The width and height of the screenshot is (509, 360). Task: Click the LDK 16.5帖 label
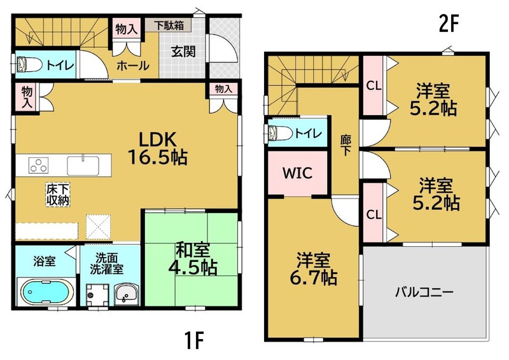(x=158, y=149)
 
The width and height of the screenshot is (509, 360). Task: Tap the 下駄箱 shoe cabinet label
(x=169, y=25)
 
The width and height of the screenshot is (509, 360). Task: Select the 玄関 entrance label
(x=183, y=52)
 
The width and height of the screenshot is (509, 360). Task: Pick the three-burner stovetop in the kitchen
(x=39, y=165)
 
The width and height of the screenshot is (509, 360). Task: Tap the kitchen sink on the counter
(x=83, y=165)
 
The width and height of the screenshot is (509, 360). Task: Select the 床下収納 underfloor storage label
(x=58, y=194)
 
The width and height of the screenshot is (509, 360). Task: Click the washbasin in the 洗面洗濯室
(x=127, y=294)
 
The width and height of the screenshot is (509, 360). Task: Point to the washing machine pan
(x=97, y=294)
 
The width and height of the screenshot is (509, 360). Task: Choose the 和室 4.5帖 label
(x=193, y=260)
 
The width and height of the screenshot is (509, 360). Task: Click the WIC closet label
(x=297, y=173)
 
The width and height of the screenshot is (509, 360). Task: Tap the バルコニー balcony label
(x=424, y=293)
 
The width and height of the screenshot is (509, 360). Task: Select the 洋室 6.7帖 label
(x=313, y=269)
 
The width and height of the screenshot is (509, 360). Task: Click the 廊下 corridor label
(x=345, y=145)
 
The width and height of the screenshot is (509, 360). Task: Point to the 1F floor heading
(x=195, y=340)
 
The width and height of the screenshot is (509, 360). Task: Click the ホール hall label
(x=132, y=66)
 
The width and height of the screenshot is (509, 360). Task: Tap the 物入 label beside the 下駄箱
(x=126, y=29)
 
